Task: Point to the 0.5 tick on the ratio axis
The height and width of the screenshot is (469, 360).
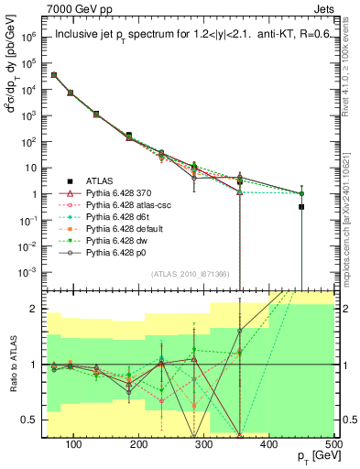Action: point(32,420)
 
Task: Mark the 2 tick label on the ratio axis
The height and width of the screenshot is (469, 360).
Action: point(37,309)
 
